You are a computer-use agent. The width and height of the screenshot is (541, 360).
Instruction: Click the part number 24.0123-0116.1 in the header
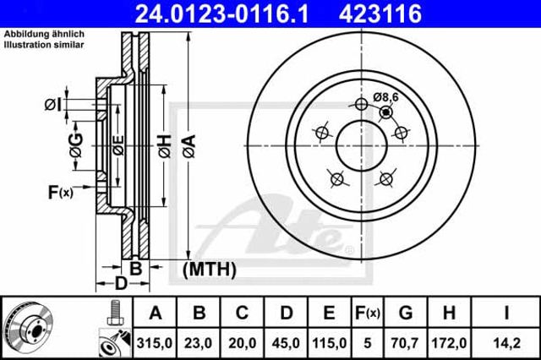click(x=221, y=14)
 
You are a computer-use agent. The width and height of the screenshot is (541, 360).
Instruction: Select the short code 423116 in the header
click(x=380, y=14)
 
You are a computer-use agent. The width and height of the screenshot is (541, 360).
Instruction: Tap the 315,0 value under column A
click(x=155, y=343)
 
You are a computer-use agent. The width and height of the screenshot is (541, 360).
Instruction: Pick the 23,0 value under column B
click(x=198, y=343)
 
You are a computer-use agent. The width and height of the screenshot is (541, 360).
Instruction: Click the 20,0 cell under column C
click(x=242, y=343)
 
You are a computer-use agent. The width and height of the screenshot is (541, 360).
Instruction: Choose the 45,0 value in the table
click(x=286, y=343)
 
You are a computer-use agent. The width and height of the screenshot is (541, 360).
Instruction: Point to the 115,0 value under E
click(x=329, y=343)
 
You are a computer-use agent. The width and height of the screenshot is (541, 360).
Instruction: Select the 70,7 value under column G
click(x=405, y=343)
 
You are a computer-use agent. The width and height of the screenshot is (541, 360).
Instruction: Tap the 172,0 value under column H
click(x=449, y=343)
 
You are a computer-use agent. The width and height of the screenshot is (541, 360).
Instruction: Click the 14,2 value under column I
click(x=506, y=343)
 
